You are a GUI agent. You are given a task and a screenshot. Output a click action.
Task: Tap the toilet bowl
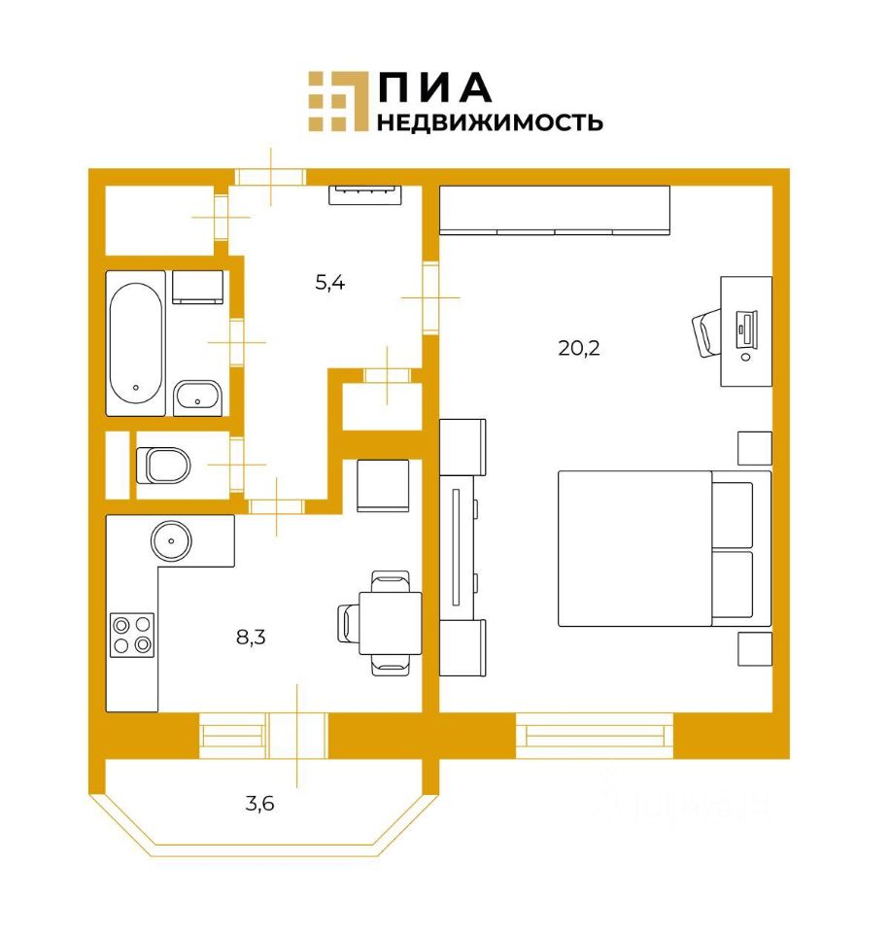tap(165, 466)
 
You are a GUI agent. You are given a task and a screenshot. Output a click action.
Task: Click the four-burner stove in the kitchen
tap(131, 634)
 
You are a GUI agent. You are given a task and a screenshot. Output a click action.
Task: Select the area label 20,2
tap(579, 347)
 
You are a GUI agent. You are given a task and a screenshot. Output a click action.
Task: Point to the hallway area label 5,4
tap(330, 284)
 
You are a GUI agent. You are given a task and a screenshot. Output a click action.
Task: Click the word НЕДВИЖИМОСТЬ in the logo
tap(490, 122)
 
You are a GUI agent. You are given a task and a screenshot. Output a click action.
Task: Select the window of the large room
tap(594, 736)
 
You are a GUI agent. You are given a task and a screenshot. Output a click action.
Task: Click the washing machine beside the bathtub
tap(199, 288)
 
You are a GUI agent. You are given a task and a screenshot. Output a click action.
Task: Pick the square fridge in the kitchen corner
tap(387, 485)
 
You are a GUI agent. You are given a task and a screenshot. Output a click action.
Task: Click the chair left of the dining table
tap(349, 623)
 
